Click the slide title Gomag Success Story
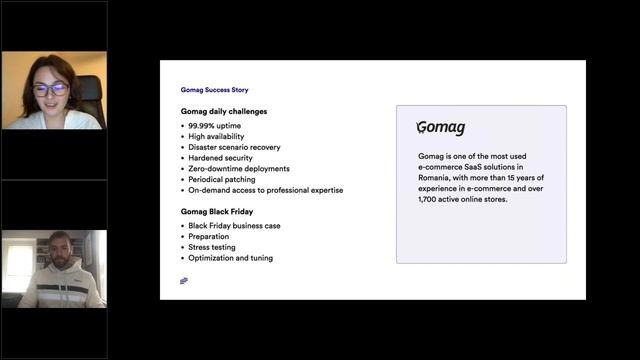point(207,90)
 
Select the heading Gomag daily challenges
point(224,111)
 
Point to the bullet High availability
point(216,136)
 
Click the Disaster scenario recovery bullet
point(235,147)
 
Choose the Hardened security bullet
point(220,158)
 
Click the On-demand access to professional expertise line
point(265,190)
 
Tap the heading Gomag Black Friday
point(218,211)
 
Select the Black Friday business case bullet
point(234,226)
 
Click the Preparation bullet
point(212,237)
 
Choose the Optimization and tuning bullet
point(230,258)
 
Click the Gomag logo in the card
point(441,129)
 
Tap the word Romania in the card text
point(437,178)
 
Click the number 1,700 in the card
point(430,200)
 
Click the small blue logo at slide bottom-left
point(184,281)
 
